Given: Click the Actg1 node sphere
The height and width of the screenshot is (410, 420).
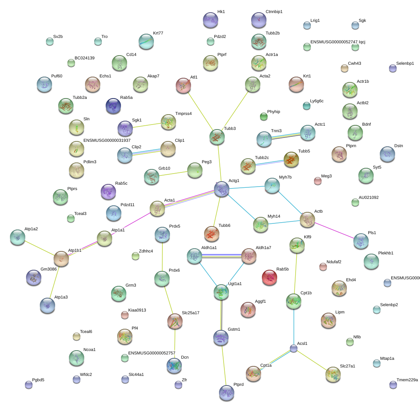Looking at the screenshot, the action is pyautogui.click(x=222, y=189).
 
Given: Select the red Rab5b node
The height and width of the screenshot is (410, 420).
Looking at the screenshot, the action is pyautogui.click(x=270, y=277).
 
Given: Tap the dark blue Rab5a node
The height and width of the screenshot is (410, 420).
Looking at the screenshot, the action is pyautogui.click(x=113, y=106).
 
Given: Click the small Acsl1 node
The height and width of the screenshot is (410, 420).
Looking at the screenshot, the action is pyautogui.click(x=294, y=348).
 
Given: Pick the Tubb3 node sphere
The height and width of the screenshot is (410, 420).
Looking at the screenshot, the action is pyautogui.click(x=217, y=137).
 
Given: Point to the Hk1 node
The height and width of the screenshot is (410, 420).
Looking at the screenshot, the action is pyautogui.click(x=211, y=20).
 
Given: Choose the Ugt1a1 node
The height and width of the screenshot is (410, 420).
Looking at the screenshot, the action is pyautogui.click(x=221, y=292).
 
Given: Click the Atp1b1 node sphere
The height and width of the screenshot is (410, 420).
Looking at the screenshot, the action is pyautogui.click(x=61, y=259).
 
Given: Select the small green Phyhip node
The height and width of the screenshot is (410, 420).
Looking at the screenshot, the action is pyautogui.click(x=264, y=116).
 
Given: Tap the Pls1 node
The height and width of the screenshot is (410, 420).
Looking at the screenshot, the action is pyautogui.click(x=361, y=241).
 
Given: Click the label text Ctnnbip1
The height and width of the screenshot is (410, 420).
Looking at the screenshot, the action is pyautogui.click(x=274, y=11).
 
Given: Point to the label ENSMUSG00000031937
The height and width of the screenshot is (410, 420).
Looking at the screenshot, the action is pyautogui.click(x=107, y=140).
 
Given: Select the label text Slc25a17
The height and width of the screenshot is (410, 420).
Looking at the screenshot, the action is pyautogui.click(x=190, y=313).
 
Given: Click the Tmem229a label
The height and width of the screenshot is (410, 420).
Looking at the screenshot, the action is pyautogui.click(x=407, y=380).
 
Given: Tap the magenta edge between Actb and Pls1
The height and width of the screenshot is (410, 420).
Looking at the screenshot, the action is pyautogui.click(x=334, y=230).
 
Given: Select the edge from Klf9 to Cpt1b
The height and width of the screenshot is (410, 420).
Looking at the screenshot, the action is pyautogui.click(x=296, y=273).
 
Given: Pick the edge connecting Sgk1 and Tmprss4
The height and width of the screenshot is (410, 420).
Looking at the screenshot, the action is pyautogui.click(x=147, y=125).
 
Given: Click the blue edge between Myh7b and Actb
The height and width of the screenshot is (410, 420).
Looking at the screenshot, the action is pyautogui.click(x=290, y=202).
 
